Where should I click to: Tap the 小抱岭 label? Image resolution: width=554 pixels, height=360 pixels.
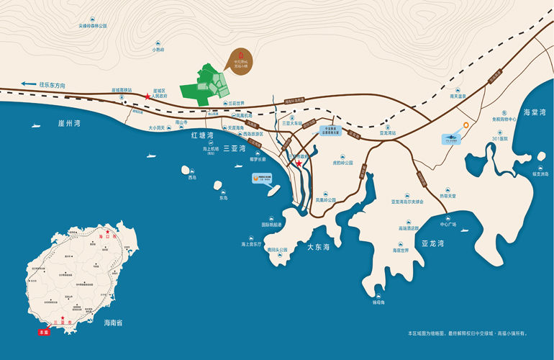pyautogui.click(x=158, y=50)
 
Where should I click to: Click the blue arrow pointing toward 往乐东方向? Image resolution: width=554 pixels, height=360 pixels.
pyautogui.click(x=28, y=84)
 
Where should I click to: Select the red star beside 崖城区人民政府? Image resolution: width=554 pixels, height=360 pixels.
pyautogui.click(x=147, y=96)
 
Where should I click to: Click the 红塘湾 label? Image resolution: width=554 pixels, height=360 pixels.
pyautogui.click(x=202, y=135)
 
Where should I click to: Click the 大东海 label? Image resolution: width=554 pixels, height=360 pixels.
pyautogui.click(x=317, y=247)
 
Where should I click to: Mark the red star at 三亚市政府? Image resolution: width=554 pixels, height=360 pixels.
pyautogui.click(x=299, y=163)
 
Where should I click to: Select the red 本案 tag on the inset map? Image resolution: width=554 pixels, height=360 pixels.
pyautogui.click(x=45, y=332)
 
